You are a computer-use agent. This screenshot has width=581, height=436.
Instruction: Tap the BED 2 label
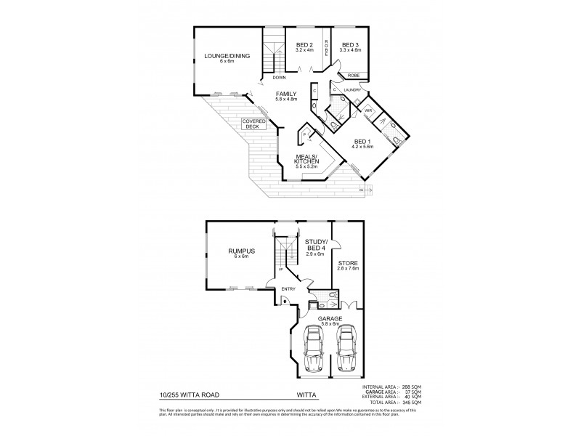coord(304,45)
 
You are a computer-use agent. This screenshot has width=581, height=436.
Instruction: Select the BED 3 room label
coord(351,45)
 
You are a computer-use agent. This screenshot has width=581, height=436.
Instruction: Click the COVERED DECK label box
coord(254,124)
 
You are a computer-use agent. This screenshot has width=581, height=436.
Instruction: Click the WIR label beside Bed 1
coord(367,111)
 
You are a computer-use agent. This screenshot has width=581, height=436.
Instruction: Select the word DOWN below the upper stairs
coord(280,77)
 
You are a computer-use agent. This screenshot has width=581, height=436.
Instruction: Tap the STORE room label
coord(349,264)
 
